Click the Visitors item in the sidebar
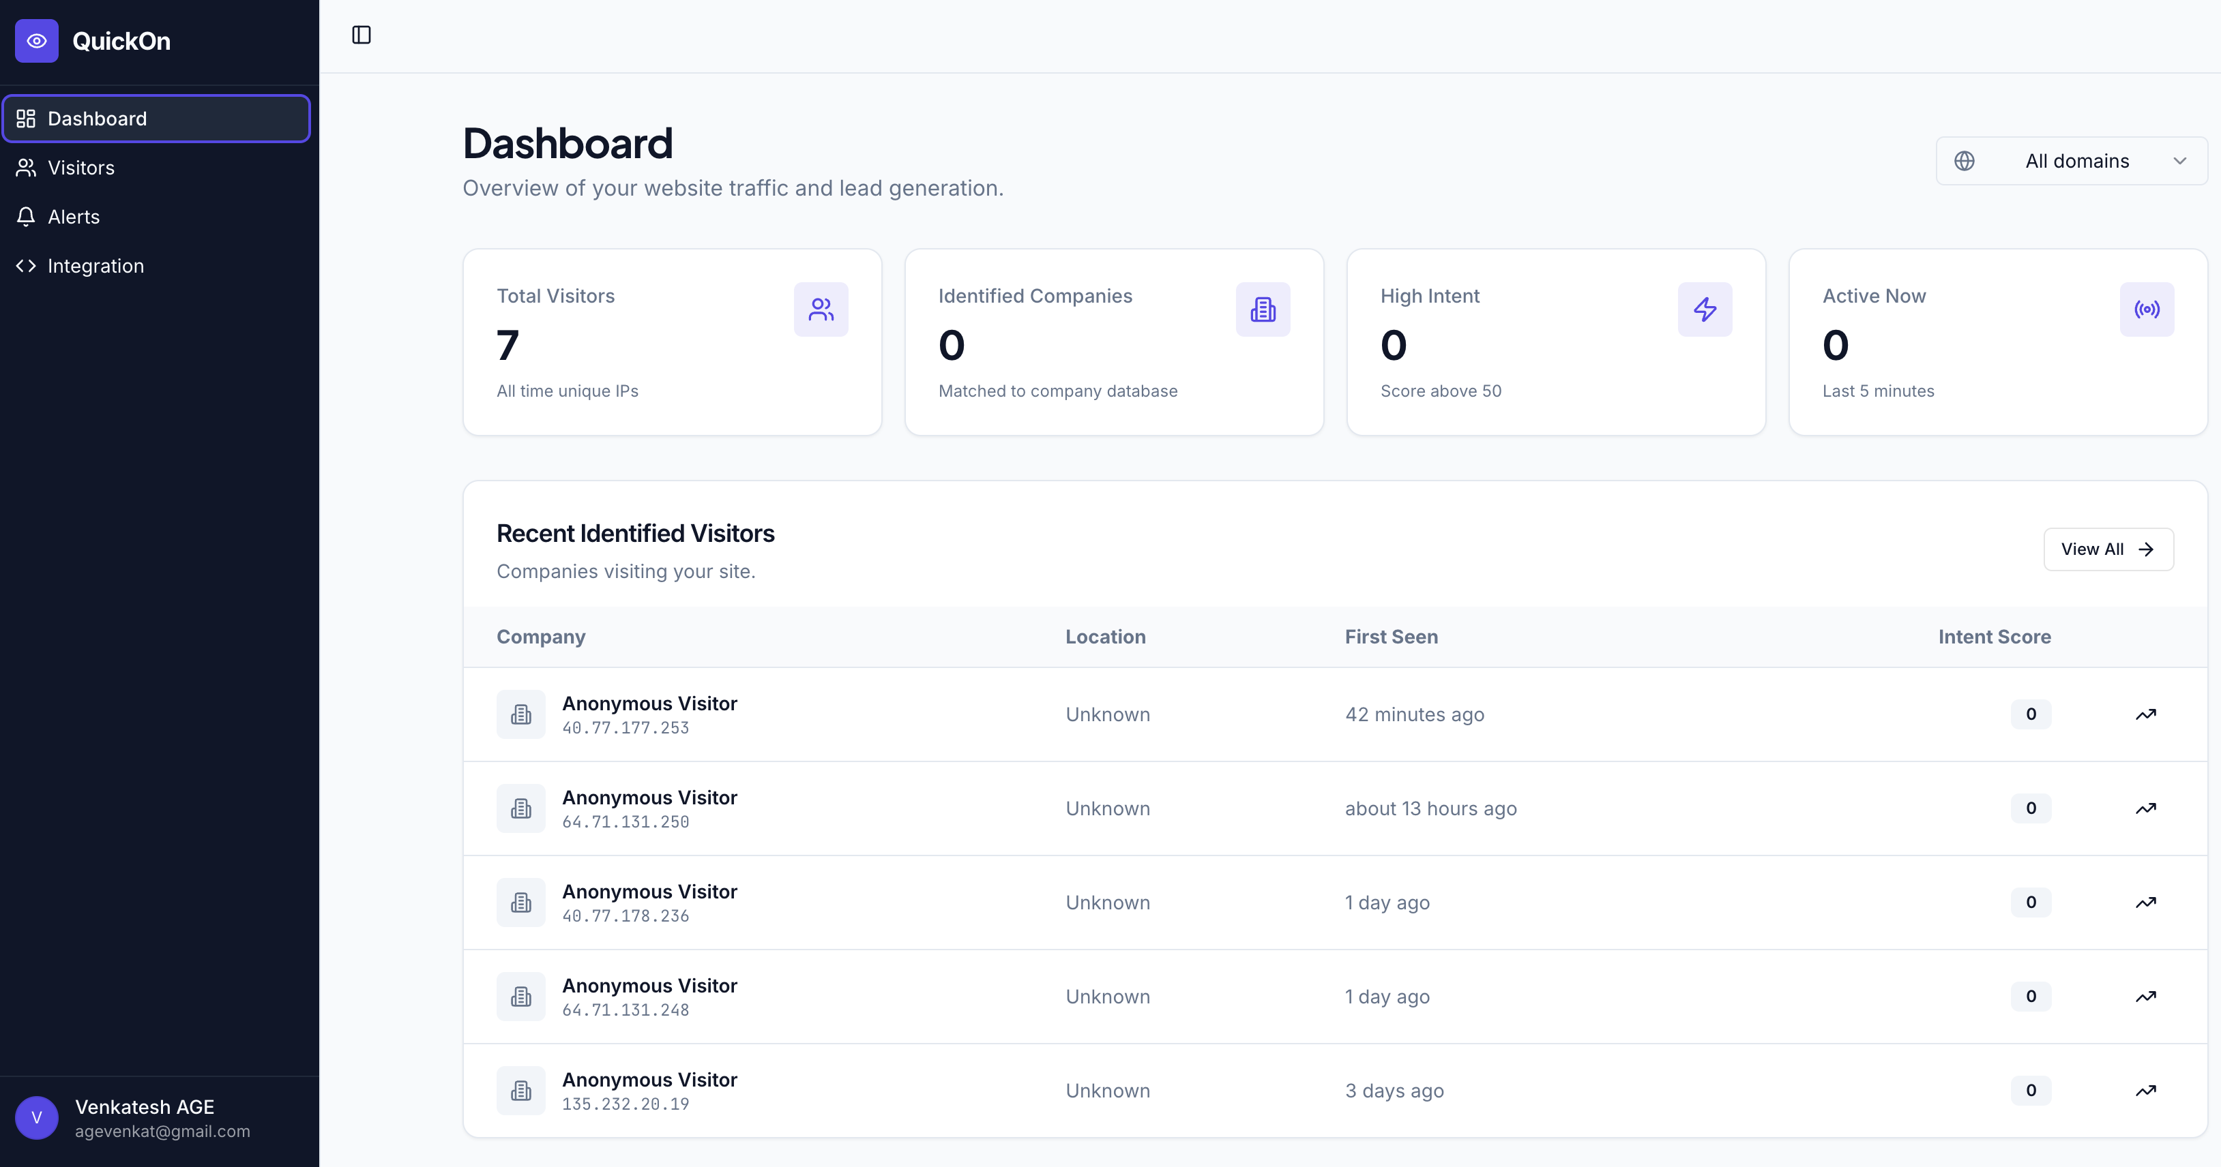(x=81, y=168)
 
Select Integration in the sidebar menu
(x=95, y=267)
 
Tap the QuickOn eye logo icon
(x=36, y=40)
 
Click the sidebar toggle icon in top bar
(x=362, y=35)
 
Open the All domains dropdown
(x=2071, y=161)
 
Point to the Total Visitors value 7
(x=508, y=346)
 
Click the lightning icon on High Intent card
(x=1705, y=309)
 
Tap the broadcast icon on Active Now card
(x=2146, y=309)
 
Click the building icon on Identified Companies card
(x=1262, y=309)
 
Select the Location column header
(x=1105, y=637)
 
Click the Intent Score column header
(x=1995, y=637)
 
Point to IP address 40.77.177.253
(x=625, y=728)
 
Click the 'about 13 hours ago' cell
(x=1430, y=809)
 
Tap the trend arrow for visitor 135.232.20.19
(x=2145, y=1091)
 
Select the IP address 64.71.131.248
(x=625, y=1010)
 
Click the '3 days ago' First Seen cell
(x=1394, y=1091)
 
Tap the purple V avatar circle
(x=36, y=1118)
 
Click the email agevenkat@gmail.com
(x=162, y=1132)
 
